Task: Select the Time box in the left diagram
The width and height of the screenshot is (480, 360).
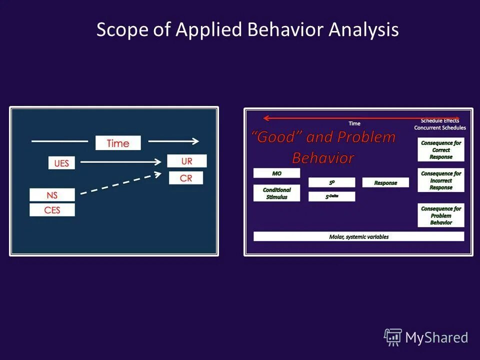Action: (x=118, y=143)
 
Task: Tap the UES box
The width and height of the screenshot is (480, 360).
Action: (x=61, y=163)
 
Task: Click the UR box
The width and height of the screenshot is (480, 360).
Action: (x=186, y=161)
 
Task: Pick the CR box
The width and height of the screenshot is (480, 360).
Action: (x=186, y=178)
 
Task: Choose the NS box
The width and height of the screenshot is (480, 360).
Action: (x=52, y=195)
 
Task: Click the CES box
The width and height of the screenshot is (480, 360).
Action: (x=52, y=210)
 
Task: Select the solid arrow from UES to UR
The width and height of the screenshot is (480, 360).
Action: (x=122, y=161)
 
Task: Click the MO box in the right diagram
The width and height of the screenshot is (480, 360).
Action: (x=276, y=173)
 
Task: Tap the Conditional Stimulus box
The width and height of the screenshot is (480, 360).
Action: (x=276, y=193)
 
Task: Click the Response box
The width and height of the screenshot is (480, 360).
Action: (x=385, y=183)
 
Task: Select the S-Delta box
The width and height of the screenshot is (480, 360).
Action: (x=331, y=196)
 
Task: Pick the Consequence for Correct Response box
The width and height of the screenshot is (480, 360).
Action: (x=440, y=149)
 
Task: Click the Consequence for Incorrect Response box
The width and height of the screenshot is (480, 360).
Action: (x=440, y=180)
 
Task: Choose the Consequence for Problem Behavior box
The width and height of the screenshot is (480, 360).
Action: (x=440, y=215)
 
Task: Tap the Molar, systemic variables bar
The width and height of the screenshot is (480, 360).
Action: (x=358, y=236)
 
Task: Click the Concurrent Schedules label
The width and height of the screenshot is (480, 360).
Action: (x=439, y=128)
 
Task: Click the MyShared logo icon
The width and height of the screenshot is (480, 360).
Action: (x=392, y=337)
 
